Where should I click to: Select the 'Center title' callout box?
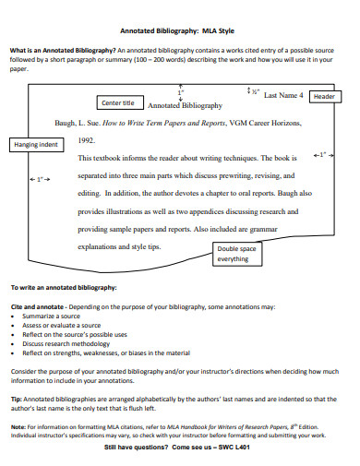117,102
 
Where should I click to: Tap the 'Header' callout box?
323,96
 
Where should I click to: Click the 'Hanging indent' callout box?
36,145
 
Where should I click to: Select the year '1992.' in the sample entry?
86,141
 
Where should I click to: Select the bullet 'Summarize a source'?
52,316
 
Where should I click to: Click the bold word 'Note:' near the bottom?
18,427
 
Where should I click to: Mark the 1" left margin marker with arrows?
40,178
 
